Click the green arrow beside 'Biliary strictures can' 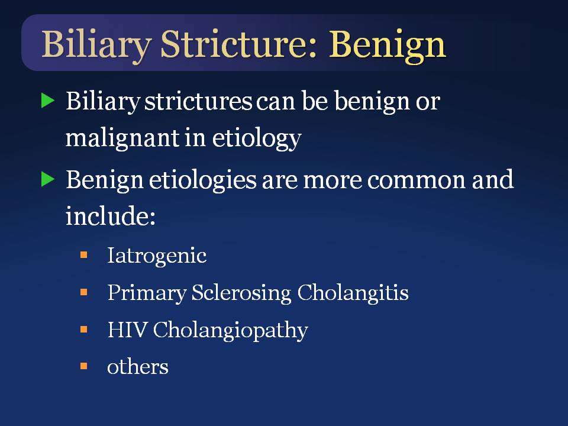click(48, 101)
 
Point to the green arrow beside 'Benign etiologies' click(48, 179)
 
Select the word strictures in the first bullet click(199, 101)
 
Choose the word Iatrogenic click(157, 256)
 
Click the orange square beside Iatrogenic click(83, 255)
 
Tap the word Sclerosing click(241, 293)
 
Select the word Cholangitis click(353, 293)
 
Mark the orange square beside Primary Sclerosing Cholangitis click(83, 292)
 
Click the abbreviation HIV click(127, 330)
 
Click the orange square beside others click(83, 366)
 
